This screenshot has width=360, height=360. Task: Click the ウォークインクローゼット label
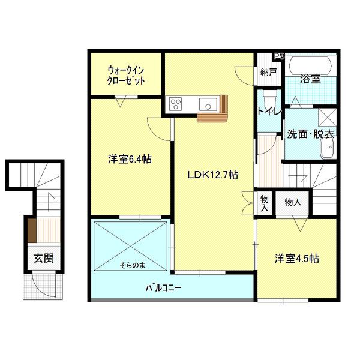pos(126,75)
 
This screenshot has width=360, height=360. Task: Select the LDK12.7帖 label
pos(214,175)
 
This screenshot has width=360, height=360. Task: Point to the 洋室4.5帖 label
pos(296,259)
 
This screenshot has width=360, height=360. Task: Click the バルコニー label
pos(163,287)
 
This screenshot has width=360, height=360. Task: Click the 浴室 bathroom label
pos(310,79)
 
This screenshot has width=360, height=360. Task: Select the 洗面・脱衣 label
pos(310,133)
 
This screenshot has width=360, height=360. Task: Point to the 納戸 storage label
pos(268,72)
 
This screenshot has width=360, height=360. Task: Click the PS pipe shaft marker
pos(278,57)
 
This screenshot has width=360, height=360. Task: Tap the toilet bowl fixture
pos(268,98)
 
